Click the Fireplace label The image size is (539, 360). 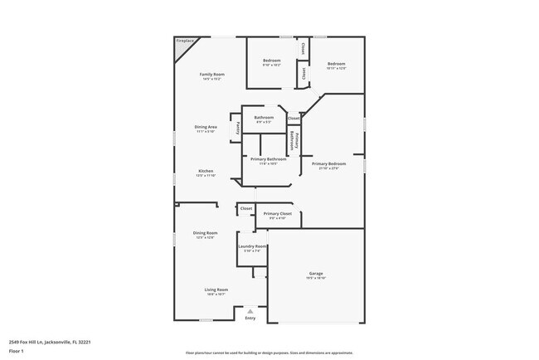184,40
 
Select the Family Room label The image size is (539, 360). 212,75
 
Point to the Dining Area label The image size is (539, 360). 206,127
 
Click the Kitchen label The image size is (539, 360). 206,171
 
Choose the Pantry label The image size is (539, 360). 239,128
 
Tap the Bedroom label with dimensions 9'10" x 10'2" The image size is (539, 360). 272,61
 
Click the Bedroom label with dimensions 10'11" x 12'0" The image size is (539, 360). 336,64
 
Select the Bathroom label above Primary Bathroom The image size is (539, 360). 264,118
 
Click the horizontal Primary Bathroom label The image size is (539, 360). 269,159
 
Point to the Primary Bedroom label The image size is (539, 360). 329,164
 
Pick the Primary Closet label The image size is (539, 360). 278,214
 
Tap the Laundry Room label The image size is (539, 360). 252,246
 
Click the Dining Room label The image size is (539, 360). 205,233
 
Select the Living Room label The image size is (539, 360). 216,289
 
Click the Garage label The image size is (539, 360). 316,274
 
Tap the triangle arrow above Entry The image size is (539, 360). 250,312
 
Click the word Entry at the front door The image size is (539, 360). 250,319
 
